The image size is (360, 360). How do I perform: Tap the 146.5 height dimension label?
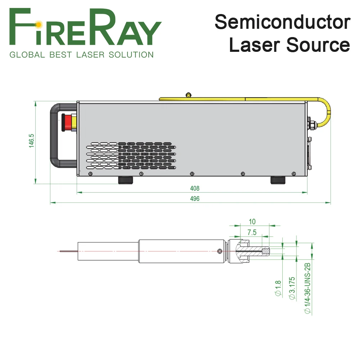tap(32, 141)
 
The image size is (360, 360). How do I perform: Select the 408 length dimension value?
tap(195, 188)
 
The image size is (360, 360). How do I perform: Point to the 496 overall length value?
tap(195, 198)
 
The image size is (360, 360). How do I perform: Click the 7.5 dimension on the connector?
tap(252, 232)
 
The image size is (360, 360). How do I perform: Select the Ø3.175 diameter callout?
tap(292, 288)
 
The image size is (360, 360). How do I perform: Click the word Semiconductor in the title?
tap(282, 22)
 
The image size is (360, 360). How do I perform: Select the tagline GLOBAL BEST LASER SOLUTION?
tap(81, 55)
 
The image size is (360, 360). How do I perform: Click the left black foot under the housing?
tap(125, 180)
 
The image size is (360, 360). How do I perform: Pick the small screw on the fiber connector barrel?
tap(220, 251)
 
